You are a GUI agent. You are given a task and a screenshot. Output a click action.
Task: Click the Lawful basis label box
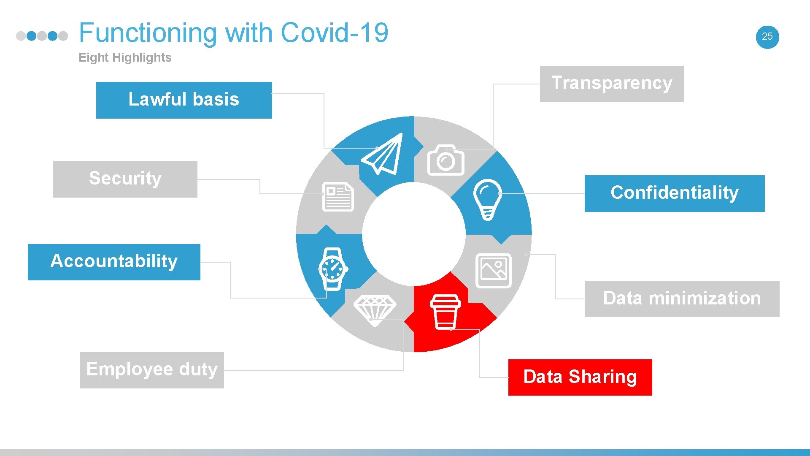click(x=184, y=100)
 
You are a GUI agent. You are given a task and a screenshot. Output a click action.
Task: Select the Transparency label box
click(x=612, y=84)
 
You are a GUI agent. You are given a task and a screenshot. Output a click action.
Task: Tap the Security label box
click(x=125, y=179)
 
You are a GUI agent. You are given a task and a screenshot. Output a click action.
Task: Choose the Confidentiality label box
click(x=674, y=193)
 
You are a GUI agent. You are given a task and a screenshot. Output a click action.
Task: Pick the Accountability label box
click(x=114, y=262)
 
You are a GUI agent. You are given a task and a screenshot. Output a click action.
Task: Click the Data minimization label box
click(x=682, y=299)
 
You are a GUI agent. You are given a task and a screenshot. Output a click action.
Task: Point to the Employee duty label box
click(x=152, y=370)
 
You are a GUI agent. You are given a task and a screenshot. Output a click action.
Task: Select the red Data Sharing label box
click(x=580, y=377)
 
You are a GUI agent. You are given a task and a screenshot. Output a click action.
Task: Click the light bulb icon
click(x=488, y=199)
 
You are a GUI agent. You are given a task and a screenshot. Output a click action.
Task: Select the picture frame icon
click(x=493, y=271)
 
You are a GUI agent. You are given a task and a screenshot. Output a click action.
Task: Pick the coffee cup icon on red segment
click(x=445, y=312)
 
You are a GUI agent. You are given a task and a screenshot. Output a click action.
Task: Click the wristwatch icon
click(x=333, y=269)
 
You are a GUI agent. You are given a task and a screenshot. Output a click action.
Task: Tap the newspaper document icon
click(x=338, y=197)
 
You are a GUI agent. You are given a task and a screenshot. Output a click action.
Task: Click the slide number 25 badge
click(x=767, y=37)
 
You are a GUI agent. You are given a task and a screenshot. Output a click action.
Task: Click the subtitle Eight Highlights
click(x=125, y=57)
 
